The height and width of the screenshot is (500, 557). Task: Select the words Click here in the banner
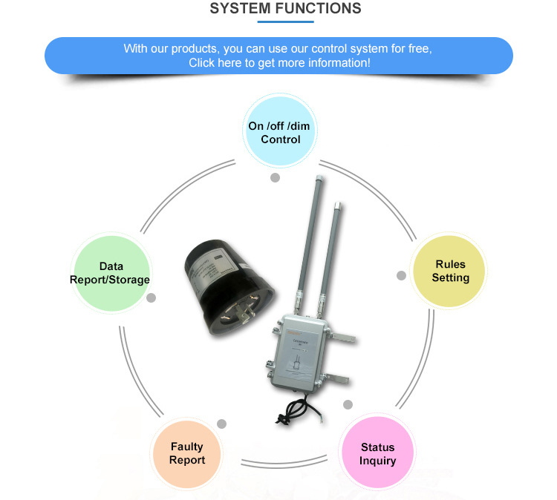point(214,63)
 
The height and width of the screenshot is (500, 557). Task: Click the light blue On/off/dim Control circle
point(279,132)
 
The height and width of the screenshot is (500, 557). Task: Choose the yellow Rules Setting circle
point(451,271)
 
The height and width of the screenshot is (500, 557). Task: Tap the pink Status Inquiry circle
point(378,453)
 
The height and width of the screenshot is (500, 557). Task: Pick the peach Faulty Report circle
point(187,453)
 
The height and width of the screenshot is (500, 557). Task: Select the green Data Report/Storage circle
point(111,272)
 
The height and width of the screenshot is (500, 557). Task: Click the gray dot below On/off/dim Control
point(275,178)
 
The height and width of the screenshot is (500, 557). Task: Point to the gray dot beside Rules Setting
point(401,275)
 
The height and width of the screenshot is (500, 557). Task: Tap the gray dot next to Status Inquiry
point(348,404)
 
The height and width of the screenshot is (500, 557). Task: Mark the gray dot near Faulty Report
point(221,424)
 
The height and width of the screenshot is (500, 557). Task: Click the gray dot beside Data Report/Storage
point(152,297)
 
